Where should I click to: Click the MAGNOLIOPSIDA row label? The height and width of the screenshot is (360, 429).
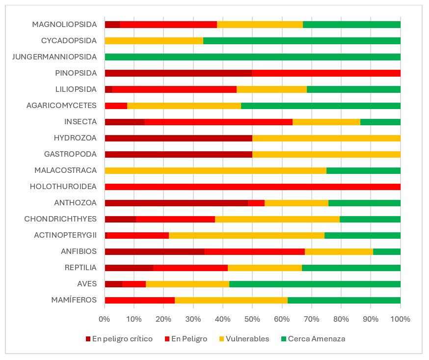pyautogui.click(x=64, y=25)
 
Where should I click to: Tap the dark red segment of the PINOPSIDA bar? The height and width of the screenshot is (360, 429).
pyautogui.click(x=178, y=73)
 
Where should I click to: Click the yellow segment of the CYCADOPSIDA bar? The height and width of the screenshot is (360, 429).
pyautogui.click(x=154, y=41)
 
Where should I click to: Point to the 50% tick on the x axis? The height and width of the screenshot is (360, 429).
pyautogui.click(x=252, y=319)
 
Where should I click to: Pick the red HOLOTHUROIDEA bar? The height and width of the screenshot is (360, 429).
pyautogui.click(x=252, y=187)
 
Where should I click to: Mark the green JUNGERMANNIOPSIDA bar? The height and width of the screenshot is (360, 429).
pyautogui.click(x=252, y=57)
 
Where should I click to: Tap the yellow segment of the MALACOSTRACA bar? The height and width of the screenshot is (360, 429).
pyautogui.click(x=215, y=170)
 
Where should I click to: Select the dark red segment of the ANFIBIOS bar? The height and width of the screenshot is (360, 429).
pyautogui.click(x=155, y=251)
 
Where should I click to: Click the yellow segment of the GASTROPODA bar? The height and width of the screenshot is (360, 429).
pyautogui.click(x=326, y=154)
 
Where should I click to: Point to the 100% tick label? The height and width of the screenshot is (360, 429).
pyautogui.click(x=400, y=319)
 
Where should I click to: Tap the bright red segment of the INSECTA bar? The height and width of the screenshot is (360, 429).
pyautogui.click(x=218, y=122)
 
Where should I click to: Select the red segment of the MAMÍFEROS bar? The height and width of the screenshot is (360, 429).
pyautogui.click(x=140, y=300)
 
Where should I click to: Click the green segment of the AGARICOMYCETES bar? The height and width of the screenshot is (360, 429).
pyautogui.click(x=321, y=106)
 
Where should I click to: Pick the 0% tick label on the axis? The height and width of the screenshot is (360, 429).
pyautogui.click(x=105, y=319)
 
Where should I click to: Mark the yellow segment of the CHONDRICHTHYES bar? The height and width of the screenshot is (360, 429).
pyautogui.click(x=277, y=219)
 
